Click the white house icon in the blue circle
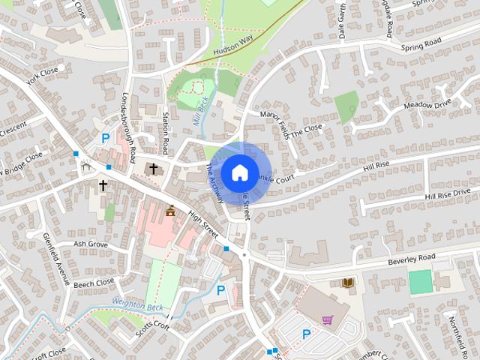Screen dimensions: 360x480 click(239, 172)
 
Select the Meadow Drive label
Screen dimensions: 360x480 click(428, 105)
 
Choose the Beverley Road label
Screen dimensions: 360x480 click(412, 259)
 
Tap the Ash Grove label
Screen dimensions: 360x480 click(90, 244)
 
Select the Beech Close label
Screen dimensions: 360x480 click(94, 283)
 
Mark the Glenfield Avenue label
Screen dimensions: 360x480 click(56, 259)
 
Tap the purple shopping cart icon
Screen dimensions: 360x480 click(328, 320)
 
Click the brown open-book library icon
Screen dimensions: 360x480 click(347, 282)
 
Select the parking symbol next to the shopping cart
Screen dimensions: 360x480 click(306, 334)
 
